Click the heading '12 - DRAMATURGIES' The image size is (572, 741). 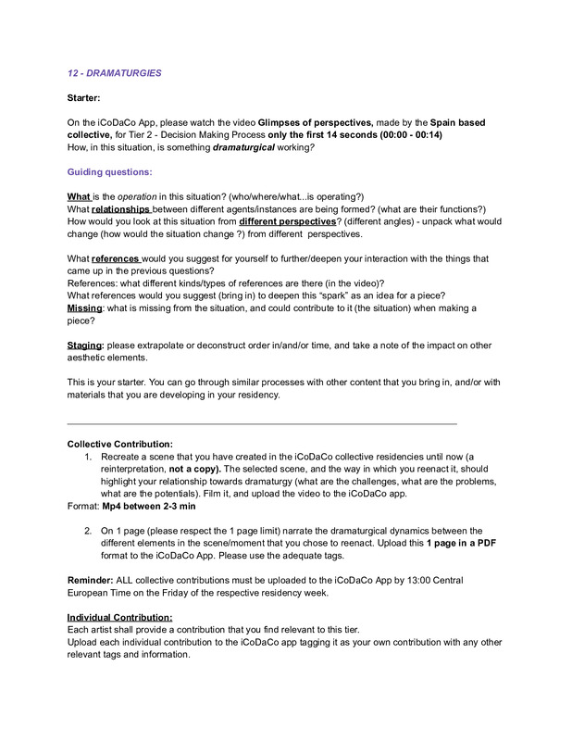117,73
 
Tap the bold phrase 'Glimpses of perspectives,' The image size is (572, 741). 316,122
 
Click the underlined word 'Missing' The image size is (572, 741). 85,308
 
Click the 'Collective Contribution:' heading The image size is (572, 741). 119,444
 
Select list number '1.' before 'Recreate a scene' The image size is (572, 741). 88,457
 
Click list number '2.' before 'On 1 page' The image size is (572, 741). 88,531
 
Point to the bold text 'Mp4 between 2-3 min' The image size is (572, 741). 148,506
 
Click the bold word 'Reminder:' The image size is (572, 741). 91,580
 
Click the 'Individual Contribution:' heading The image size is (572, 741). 119,617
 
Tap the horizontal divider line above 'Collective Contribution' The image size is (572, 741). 263,422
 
